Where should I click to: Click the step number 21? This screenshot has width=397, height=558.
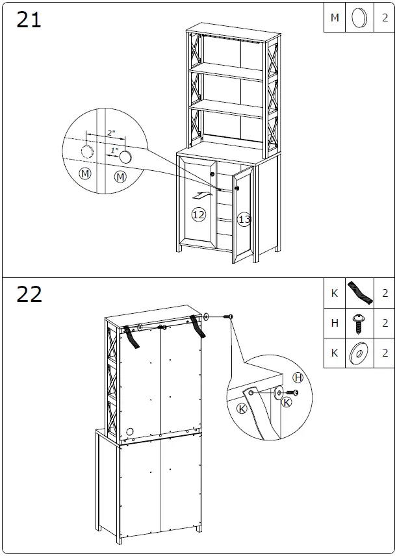point(29,19)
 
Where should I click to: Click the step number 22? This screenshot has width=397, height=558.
point(29,294)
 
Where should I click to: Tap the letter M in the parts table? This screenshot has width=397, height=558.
point(335,18)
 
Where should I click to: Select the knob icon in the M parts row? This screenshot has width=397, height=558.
point(357,18)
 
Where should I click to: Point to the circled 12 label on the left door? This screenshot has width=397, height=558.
point(198,214)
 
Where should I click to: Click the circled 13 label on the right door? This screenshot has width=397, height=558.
point(244,220)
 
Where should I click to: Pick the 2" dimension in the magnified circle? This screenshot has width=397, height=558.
point(112,133)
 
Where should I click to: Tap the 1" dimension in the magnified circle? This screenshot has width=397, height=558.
point(114,151)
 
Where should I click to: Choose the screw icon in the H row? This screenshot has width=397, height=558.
point(358,322)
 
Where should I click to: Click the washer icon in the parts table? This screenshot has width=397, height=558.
point(358,353)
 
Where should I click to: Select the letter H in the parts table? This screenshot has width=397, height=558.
point(335,323)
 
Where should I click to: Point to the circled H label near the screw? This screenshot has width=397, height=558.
point(298,377)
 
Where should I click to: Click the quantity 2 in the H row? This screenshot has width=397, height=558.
point(385,323)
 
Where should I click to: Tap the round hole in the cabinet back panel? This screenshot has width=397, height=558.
point(130,431)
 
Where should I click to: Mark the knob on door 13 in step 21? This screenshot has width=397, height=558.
point(237,188)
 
